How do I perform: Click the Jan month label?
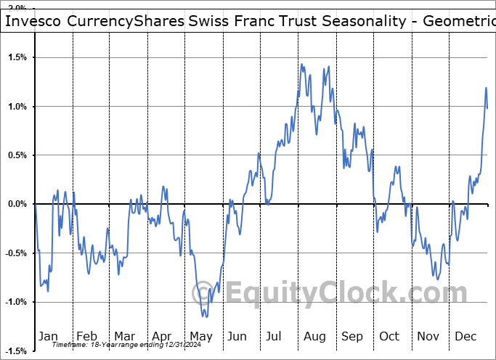point(48,337)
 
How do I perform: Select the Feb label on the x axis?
point(86,337)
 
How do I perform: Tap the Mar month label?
point(124,337)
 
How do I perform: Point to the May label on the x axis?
point(200,337)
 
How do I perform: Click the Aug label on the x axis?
point(314,337)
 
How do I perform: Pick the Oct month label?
point(390,337)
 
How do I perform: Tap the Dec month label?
point(465,337)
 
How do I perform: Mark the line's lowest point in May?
point(206,316)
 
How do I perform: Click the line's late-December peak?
point(486,88)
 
